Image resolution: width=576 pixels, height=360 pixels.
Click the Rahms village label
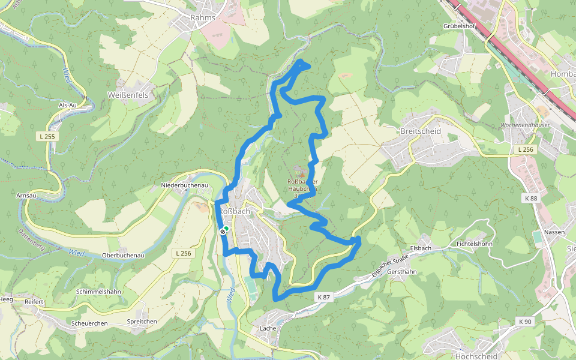coord(202,18)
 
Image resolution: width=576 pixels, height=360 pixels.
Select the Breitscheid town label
coord(420,131)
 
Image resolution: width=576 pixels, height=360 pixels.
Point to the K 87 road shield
coord(323,297)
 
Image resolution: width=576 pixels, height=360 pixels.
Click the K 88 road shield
coord(530,199)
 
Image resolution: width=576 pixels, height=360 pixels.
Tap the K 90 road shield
coord(524,322)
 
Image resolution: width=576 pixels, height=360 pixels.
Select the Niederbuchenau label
coord(184,185)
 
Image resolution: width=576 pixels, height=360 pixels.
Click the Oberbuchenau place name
coord(123,255)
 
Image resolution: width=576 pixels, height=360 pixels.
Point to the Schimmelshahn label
coord(99,292)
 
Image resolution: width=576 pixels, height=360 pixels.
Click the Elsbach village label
coord(420,248)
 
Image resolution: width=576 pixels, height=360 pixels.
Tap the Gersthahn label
coord(402,272)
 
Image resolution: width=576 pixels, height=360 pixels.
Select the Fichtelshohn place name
coord(475,244)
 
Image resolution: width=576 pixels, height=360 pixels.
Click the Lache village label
coord(268,329)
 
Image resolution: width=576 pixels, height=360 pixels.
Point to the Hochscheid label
coord(476,356)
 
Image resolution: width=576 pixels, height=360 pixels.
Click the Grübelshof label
coord(459,26)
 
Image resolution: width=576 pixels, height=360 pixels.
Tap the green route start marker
coord(226,228)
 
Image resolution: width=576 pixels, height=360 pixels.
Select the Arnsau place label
coord(26,196)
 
